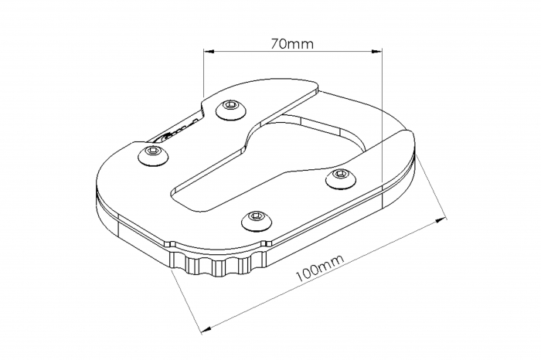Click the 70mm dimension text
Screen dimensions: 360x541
coord(292,44)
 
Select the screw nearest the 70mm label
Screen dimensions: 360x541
coord(230,108)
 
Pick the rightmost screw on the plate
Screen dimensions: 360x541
coord(338,178)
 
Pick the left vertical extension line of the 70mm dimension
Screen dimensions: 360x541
coord(203,77)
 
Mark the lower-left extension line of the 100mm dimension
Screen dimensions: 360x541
coord(184,297)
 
